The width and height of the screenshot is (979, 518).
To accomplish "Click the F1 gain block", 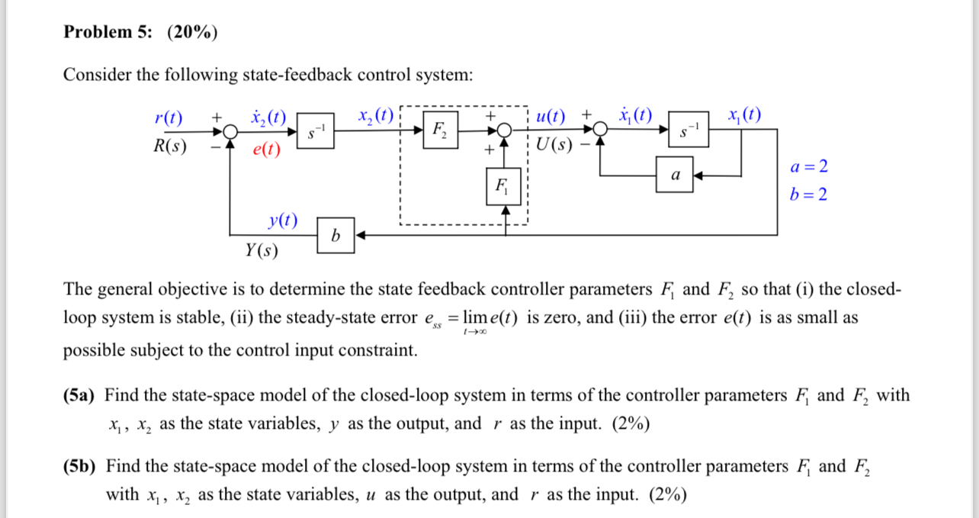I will tap(502, 186).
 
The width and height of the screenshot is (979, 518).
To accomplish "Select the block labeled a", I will tap(674, 175).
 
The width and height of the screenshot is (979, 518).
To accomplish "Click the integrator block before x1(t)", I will tap(688, 130).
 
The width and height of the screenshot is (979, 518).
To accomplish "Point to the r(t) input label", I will tap(169, 117).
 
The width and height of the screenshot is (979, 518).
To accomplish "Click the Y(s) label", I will tap(262, 250).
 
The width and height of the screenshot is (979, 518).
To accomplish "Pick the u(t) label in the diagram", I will tap(550, 117).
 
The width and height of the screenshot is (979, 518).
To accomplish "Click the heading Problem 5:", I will tap(108, 32).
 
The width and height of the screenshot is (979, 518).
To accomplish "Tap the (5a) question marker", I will tap(79, 395).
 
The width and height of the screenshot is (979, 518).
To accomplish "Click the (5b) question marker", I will tap(79, 466).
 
